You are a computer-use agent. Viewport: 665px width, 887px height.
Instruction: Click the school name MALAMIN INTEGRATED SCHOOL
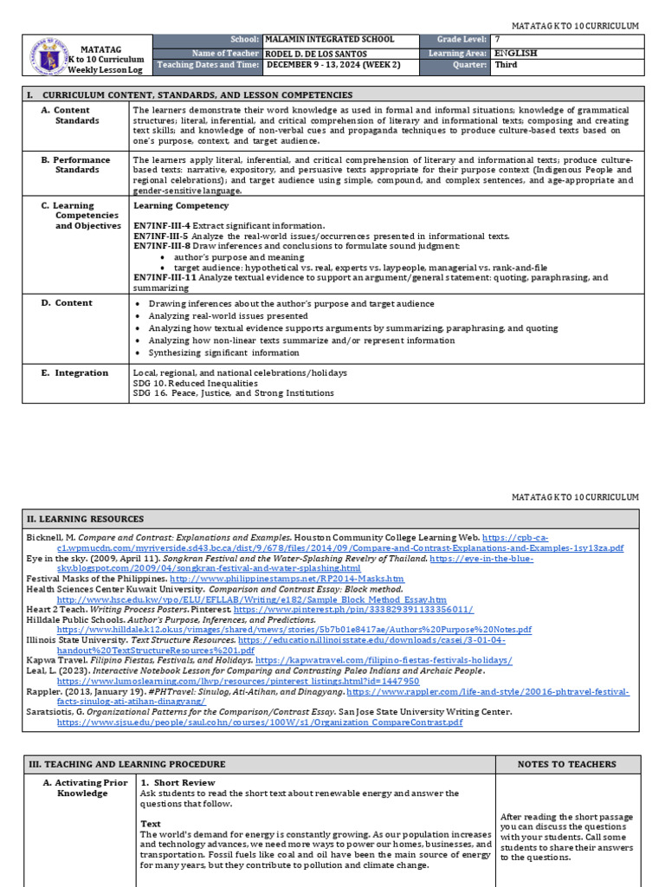[329, 40]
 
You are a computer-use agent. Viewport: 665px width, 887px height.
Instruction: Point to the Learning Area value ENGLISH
[515, 53]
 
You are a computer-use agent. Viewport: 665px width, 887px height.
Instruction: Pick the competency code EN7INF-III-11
[165, 277]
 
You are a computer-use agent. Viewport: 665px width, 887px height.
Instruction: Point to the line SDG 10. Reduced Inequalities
[195, 383]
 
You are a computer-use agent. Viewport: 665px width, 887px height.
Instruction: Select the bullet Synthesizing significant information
[223, 353]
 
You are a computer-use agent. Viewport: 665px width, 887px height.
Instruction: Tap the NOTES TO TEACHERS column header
[567, 764]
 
